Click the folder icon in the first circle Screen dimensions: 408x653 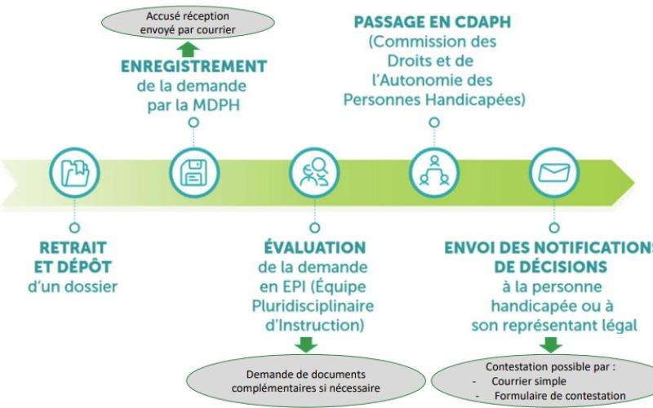pyautogui.click(x=75, y=172)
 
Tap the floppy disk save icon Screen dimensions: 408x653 pyautogui.click(x=193, y=172)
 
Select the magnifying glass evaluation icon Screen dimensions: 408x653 pyautogui.click(x=313, y=172)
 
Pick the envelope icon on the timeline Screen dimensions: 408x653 pyautogui.click(x=553, y=172)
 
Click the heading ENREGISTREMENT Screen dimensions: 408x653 pyautogui.click(x=193, y=66)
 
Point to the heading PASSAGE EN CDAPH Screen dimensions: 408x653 pyautogui.click(x=433, y=23)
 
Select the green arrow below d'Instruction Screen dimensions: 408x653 pyautogui.click(x=306, y=344)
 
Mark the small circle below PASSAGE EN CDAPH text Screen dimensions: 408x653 pyautogui.click(x=433, y=122)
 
